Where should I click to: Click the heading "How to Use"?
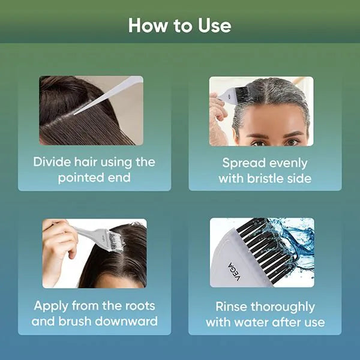[x=179, y=26]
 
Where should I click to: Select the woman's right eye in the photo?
[x=257, y=143]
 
